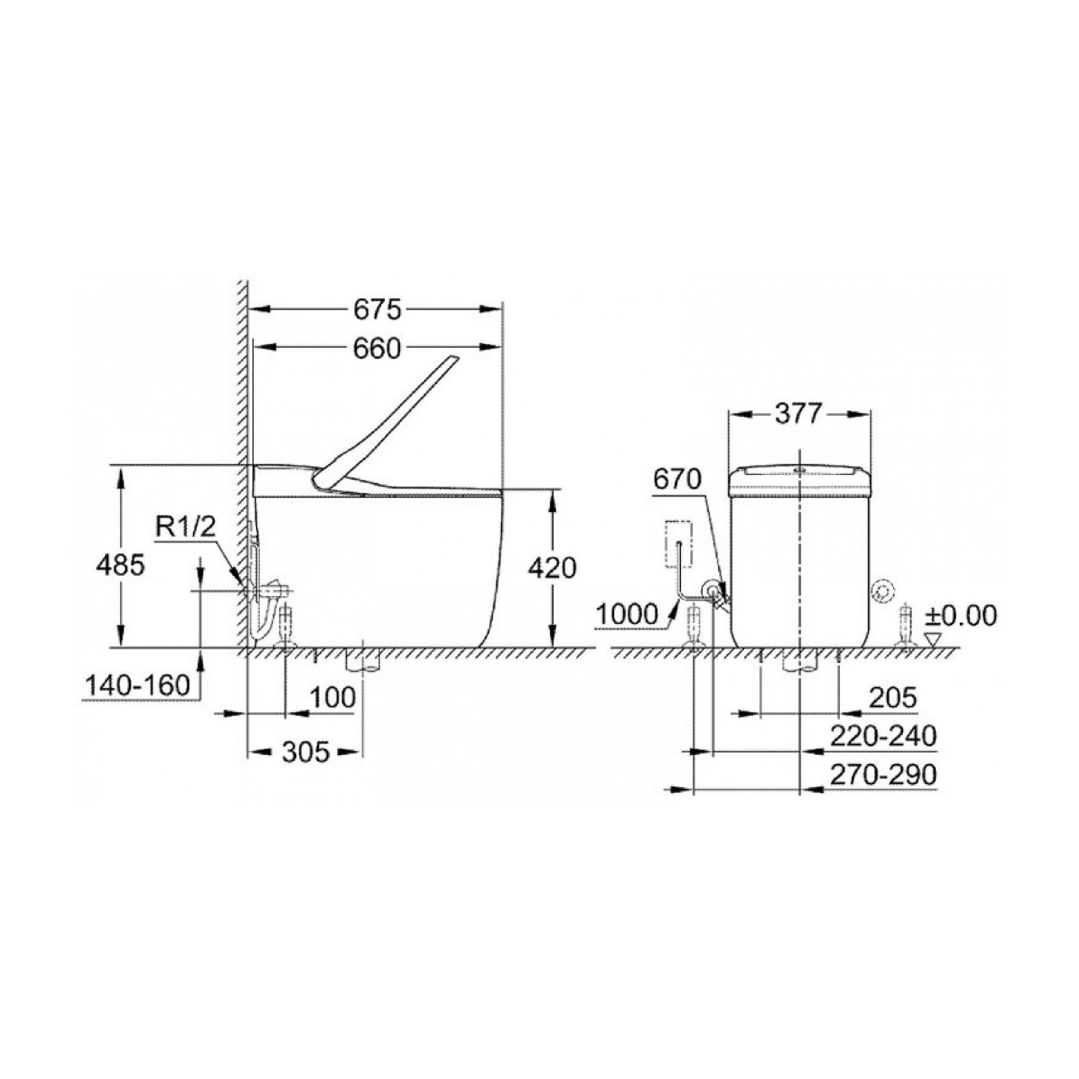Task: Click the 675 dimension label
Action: click(x=377, y=310)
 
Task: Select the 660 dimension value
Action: click(x=377, y=349)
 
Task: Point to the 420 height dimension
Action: click(x=552, y=568)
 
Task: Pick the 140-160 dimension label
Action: click(x=137, y=684)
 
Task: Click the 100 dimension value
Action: click(x=332, y=697)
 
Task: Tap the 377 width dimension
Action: click(x=799, y=414)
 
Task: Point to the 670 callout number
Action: click(x=677, y=479)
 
